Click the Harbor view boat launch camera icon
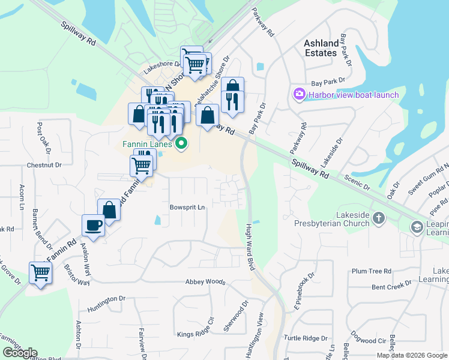pos(299,94)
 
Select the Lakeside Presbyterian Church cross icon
pos(379,218)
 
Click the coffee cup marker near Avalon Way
pos(94,225)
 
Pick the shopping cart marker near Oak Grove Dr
pos(40,273)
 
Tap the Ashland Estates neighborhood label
pos(321,48)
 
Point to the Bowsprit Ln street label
pos(187,207)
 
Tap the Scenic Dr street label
pos(358,183)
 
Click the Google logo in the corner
pos(20,353)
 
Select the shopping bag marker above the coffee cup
pos(109,210)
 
